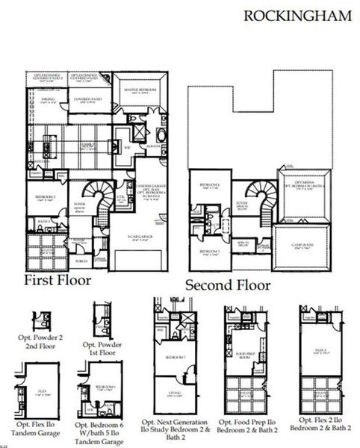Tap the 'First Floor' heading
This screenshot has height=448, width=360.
coord(58,280)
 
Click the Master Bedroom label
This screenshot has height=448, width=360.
coord(142,89)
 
